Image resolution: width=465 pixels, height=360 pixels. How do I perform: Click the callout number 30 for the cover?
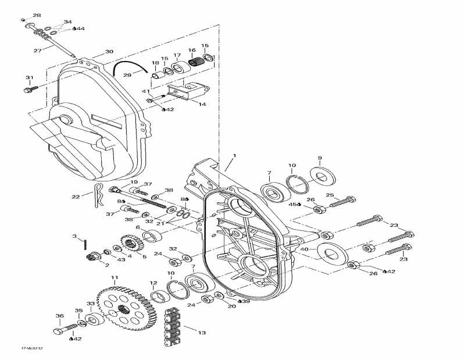(109, 52)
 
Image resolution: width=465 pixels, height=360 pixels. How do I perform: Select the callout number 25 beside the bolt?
(330, 195)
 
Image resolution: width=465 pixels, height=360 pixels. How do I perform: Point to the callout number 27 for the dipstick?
(37, 51)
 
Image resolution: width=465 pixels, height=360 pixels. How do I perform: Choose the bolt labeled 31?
(30, 90)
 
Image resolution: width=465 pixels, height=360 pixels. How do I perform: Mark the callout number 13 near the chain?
(202, 333)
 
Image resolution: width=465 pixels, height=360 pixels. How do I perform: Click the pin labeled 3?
(86, 242)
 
